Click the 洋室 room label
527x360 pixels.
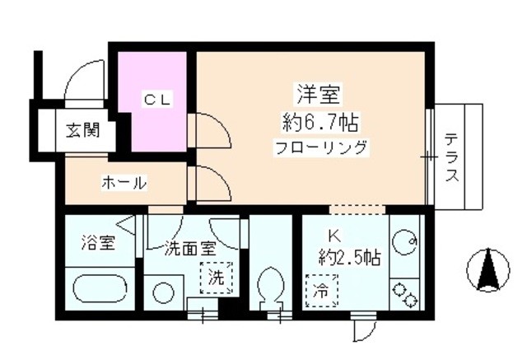point(318,95)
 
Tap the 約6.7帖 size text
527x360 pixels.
point(319,123)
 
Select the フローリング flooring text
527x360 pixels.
point(320,147)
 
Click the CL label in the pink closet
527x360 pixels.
point(158,100)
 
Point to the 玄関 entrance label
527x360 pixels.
point(82,130)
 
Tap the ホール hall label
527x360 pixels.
point(124,183)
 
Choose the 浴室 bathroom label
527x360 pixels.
point(99,243)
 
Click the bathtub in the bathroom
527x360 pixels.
point(100,288)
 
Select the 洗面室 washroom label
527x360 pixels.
point(190,249)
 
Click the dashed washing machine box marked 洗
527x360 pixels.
point(216,278)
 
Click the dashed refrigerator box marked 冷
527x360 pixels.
point(322,291)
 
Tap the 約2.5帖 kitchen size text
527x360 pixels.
point(349,258)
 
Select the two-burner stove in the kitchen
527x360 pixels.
point(404,294)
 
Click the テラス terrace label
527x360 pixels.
point(452,157)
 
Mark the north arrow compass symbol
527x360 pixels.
point(488,270)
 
